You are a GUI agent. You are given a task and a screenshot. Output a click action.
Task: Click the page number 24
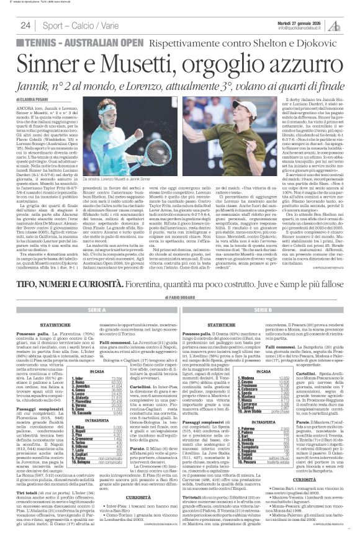click(x=26, y=25)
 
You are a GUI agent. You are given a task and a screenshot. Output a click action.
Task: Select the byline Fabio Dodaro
click(x=180, y=298)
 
